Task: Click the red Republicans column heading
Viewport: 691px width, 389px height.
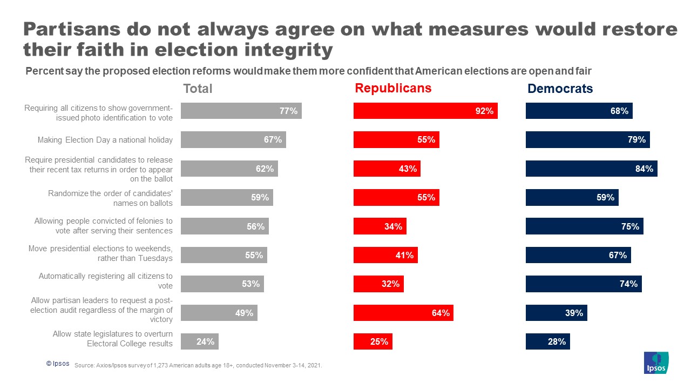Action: click(393, 88)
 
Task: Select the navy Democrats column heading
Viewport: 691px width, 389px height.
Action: click(560, 89)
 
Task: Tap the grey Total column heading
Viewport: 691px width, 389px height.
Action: click(198, 89)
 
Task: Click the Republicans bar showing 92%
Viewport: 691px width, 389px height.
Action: click(425, 111)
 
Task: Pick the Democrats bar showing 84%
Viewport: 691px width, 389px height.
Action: click(591, 169)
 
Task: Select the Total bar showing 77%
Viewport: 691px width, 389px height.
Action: click(241, 111)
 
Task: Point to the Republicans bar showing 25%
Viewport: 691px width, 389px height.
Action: click(372, 341)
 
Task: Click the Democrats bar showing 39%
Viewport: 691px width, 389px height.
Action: click(556, 313)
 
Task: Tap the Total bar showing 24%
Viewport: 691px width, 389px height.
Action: click(199, 341)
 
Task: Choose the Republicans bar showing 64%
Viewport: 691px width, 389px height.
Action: click(403, 313)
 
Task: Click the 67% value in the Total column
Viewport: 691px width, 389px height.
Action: click(273, 140)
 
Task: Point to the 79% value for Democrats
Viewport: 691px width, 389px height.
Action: click(636, 140)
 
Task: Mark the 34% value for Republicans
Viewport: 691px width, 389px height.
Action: click(393, 226)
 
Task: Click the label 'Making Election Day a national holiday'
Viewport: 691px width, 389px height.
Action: click(105, 140)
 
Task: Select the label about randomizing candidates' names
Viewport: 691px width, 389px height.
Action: click(110, 198)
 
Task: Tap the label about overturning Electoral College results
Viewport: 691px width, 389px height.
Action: click(112, 339)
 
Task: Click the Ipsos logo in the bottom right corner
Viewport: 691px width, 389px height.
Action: click(656, 363)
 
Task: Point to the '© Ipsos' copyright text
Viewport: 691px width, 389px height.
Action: click(58, 364)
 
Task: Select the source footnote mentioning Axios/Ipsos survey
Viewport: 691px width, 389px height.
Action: click(198, 366)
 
